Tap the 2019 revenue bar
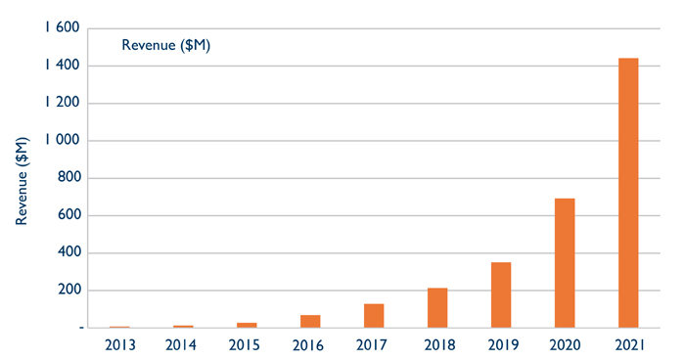click(x=501, y=294)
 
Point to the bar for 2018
click(x=437, y=307)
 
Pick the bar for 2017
click(x=374, y=315)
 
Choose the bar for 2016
click(x=310, y=321)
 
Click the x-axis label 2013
click(x=119, y=344)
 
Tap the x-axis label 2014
click(x=183, y=344)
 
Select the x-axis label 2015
click(x=247, y=344)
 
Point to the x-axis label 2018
click(x=437, y=344)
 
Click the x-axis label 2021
click(x=628, y=344)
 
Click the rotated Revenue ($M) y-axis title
click(x=22, y=181)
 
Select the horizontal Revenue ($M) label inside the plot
click(x=166, y=45)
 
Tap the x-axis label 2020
click(x=565, y=344)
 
